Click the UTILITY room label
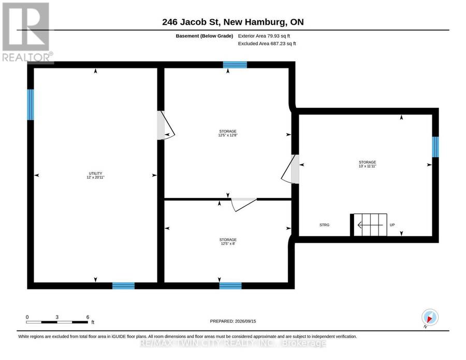(x=95, y=174)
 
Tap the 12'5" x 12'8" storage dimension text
(x=228, y=135)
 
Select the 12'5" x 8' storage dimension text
(x=228, y=243)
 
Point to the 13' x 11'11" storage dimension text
(x=367, y=166)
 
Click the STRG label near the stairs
(x=324, y=225)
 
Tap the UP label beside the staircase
(x=392, y=225)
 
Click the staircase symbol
(x=369, y=225)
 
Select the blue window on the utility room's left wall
(x=31, y=105)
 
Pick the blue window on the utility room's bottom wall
(x=123, y=286)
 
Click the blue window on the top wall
(x=235, y=65)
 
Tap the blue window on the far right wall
(x=435, y=147)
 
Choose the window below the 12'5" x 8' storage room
(x=230, y=286)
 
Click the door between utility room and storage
(x=165, y=125)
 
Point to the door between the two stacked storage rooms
(x=244, y=204)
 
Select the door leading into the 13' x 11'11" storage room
(x=290, y=169)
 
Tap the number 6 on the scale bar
(x=88, y=317)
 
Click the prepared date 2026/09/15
(x=245, y=321)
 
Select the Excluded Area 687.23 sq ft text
(x=267, y=44)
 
